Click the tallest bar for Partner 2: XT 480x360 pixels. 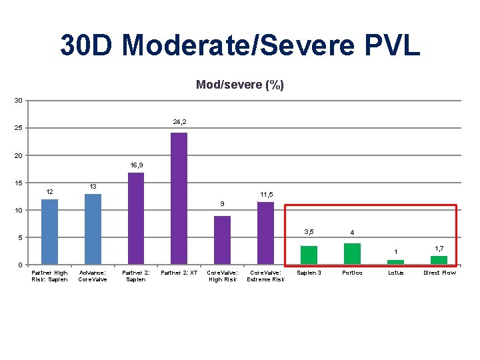tap(179, 199)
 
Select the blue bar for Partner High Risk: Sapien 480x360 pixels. tap(49, 232)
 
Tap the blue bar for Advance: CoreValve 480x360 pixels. tap(93, 229)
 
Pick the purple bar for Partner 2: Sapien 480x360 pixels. tap(136, 219)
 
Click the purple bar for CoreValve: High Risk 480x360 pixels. tap(222, 240)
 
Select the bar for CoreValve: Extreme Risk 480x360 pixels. tap(265, 233)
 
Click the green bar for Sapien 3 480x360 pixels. tap(309, 255)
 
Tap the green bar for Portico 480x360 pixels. tap(352, 254)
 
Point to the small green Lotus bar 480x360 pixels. tap(395, 262)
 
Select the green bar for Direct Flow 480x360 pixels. tap(439, 260)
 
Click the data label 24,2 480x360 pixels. tap(179, 122)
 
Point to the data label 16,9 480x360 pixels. tap(136, 164)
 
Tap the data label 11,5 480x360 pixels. tap(266, 195)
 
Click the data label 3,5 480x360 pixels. tap(309, 232)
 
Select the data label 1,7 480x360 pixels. tap(439, 248)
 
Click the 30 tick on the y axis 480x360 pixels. tap(19, 101)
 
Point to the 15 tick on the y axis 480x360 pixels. tap(19, 183)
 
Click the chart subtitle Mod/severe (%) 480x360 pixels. tap(239, 85)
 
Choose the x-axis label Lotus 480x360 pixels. tap(395, 273)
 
